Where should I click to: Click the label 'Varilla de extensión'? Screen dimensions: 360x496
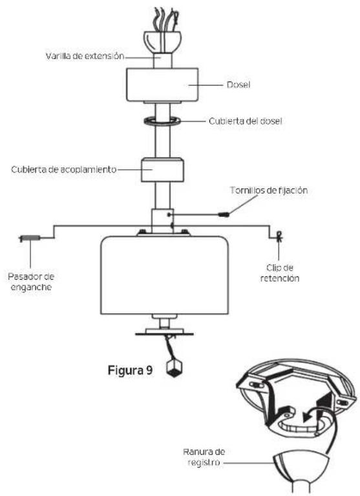85,56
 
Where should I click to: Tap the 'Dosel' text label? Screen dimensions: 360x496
238,85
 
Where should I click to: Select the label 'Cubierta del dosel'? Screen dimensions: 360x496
246,121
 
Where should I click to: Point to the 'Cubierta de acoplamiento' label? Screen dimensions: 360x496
63,170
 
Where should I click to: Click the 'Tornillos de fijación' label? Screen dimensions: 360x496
269,191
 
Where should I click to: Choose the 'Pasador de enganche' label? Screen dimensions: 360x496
31,282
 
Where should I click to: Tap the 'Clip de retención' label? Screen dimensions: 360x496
280,273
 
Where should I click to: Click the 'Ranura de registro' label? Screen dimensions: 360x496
204,457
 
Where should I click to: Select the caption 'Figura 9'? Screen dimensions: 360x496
130,370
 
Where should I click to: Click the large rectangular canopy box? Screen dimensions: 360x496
162,85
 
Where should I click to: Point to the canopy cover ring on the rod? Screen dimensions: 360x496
162,121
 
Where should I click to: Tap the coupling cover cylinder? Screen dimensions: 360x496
162,170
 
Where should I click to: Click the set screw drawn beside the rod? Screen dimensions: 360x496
224,214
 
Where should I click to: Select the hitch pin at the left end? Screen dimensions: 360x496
30,238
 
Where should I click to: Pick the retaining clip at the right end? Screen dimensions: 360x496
279,236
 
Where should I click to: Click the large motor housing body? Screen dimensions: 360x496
164,275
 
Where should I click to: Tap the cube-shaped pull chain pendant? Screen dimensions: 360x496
175,367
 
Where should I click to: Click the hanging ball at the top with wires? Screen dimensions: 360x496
162,42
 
